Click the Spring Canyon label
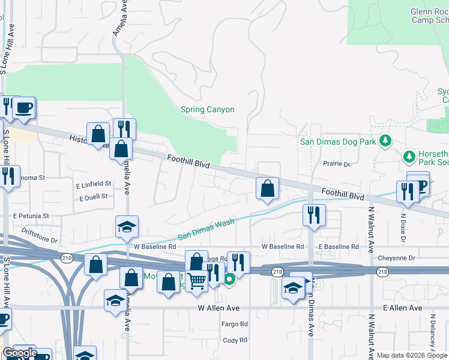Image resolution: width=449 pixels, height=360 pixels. tap(207, 110)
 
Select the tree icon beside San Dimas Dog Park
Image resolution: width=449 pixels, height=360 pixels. tap(385, 142)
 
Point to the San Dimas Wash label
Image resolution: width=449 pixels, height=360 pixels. tap(205, 230)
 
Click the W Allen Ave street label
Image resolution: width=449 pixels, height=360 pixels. tap(218, 308)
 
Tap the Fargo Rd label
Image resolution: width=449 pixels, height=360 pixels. tap(235, 324)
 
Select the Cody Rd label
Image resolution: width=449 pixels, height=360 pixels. tap(235, 340)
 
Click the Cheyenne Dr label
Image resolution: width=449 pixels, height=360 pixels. tap(396, 258)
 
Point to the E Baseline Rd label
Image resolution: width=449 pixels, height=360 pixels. tap(339, 247)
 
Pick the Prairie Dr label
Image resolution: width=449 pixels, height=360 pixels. tap(337, 163)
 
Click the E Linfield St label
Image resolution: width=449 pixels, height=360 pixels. tap(94, 184)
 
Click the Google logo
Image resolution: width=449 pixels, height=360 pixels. tap(20, 353)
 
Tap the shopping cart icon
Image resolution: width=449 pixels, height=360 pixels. tap(197, 280)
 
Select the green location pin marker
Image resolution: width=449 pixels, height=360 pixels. tap(229, 278)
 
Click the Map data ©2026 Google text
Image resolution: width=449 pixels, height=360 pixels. tap(406, 355)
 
